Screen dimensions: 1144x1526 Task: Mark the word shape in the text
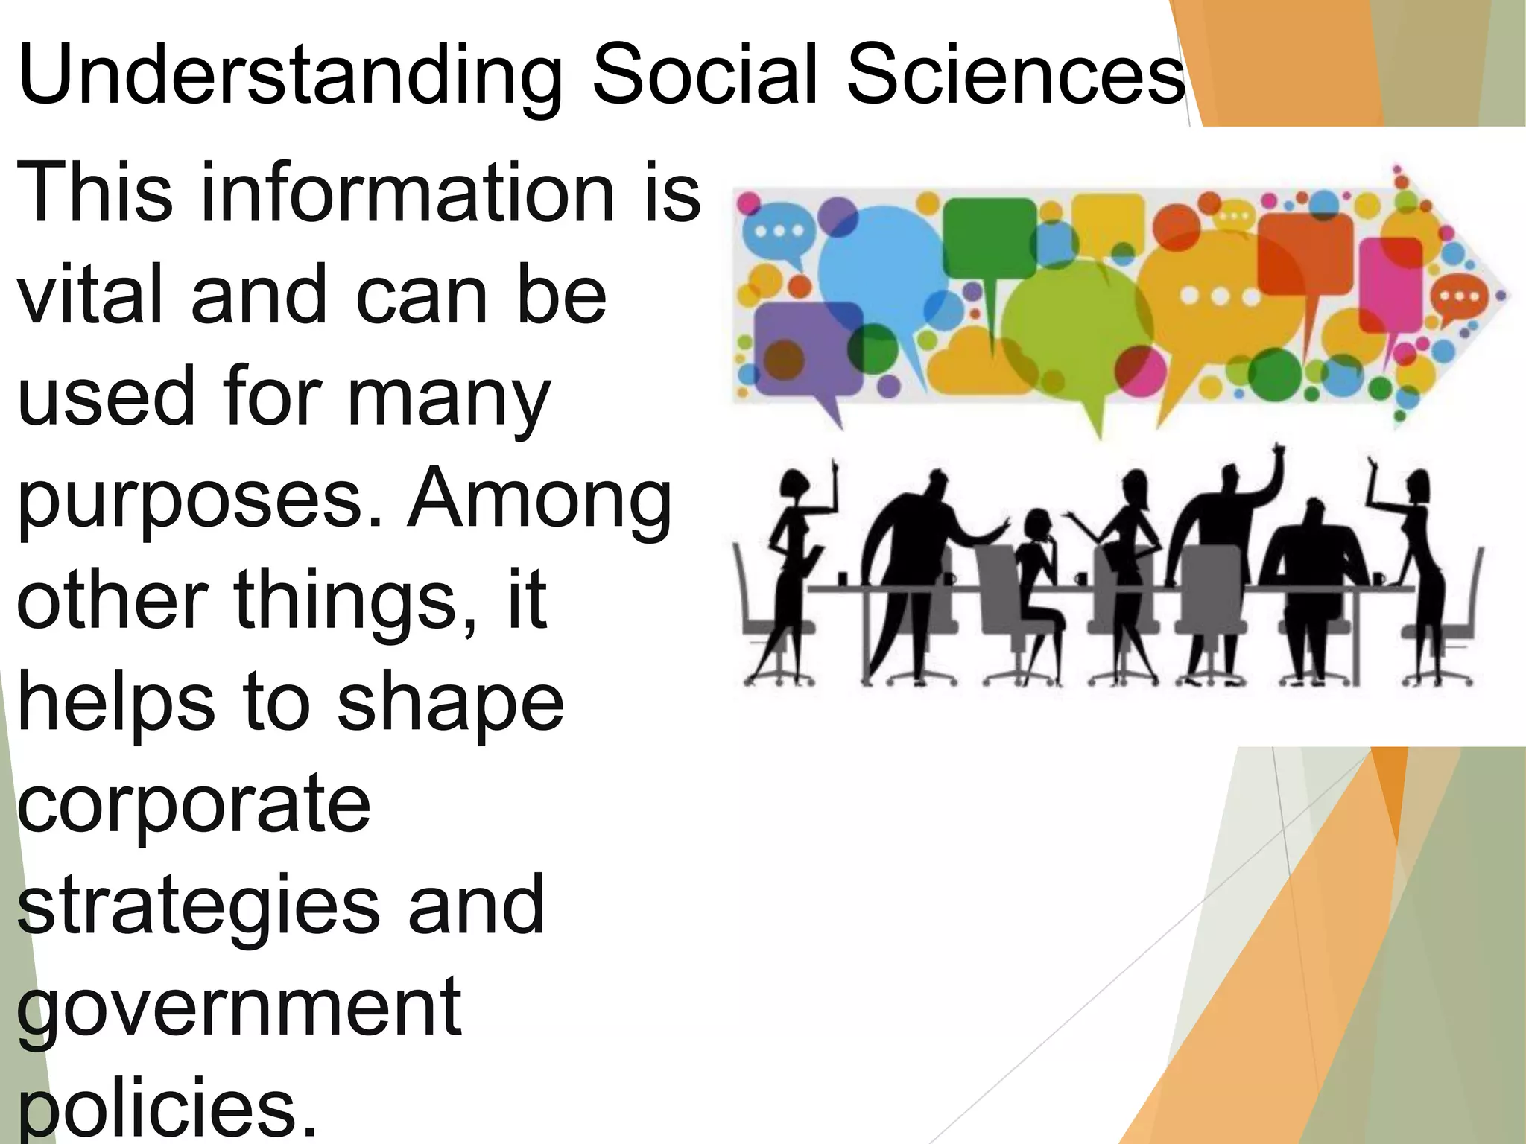click(x=450, y=704)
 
